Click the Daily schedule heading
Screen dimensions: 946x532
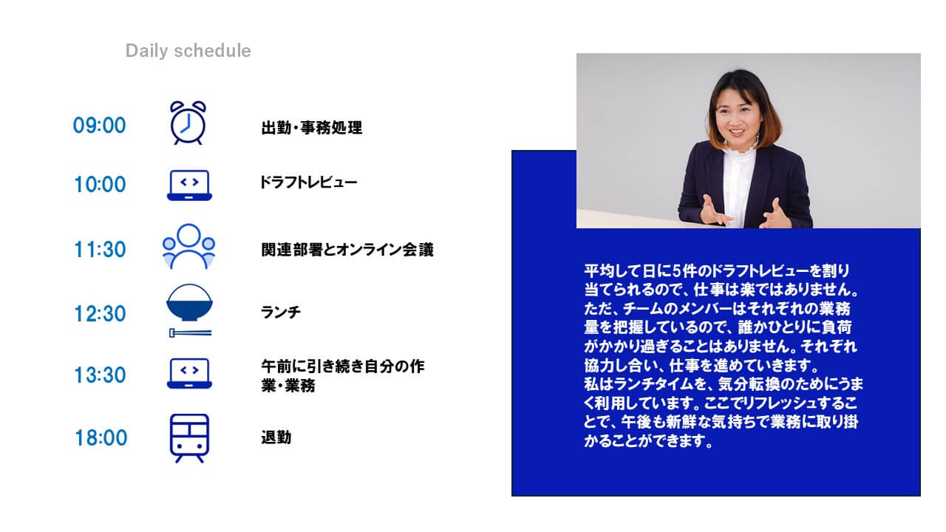tap(188, 51)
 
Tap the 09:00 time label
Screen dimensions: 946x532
tap(99, 126)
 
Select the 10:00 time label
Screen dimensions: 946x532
tap(100, 185)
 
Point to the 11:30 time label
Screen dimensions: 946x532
tap(100, 250)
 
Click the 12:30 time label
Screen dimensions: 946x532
tap(100, 314)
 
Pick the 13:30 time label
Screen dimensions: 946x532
tap(100, 375)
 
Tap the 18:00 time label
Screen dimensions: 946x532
tap(101, 438)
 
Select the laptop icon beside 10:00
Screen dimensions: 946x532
tap(189, 185)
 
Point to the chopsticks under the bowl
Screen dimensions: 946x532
tap(190, 333)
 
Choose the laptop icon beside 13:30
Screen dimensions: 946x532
tap(189, 374)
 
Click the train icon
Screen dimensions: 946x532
tap(189, 438)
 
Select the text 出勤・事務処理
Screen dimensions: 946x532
tap(312, 128)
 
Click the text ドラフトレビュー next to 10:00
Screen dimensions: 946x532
tap(309, 183)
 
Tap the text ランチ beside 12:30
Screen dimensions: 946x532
tap(281, 313)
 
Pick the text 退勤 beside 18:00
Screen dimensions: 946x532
tap(276, 437)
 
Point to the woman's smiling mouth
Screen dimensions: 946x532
tap(737, 132)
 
